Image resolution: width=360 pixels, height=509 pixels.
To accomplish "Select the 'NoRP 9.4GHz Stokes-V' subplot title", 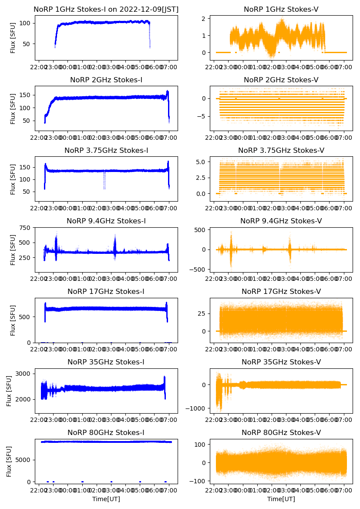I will [281, 221].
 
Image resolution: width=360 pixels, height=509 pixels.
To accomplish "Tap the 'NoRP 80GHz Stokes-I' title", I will [106, 432].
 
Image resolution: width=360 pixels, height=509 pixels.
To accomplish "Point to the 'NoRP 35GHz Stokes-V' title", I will [281, 362].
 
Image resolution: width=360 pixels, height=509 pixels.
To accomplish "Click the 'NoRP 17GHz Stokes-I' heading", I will [106, 291].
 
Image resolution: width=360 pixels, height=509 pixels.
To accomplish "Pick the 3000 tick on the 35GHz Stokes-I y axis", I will [24, 374].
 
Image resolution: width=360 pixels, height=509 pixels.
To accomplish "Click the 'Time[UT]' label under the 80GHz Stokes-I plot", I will [106, 499].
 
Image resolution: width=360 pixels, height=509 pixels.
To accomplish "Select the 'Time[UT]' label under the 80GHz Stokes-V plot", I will [281, 499].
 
